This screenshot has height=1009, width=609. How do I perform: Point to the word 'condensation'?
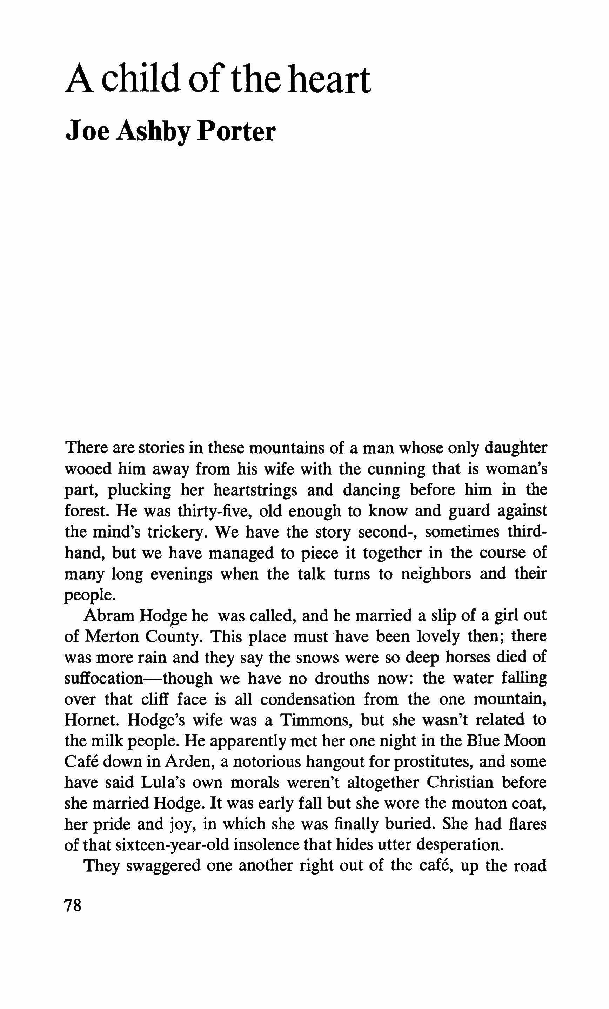pos(308,700)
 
